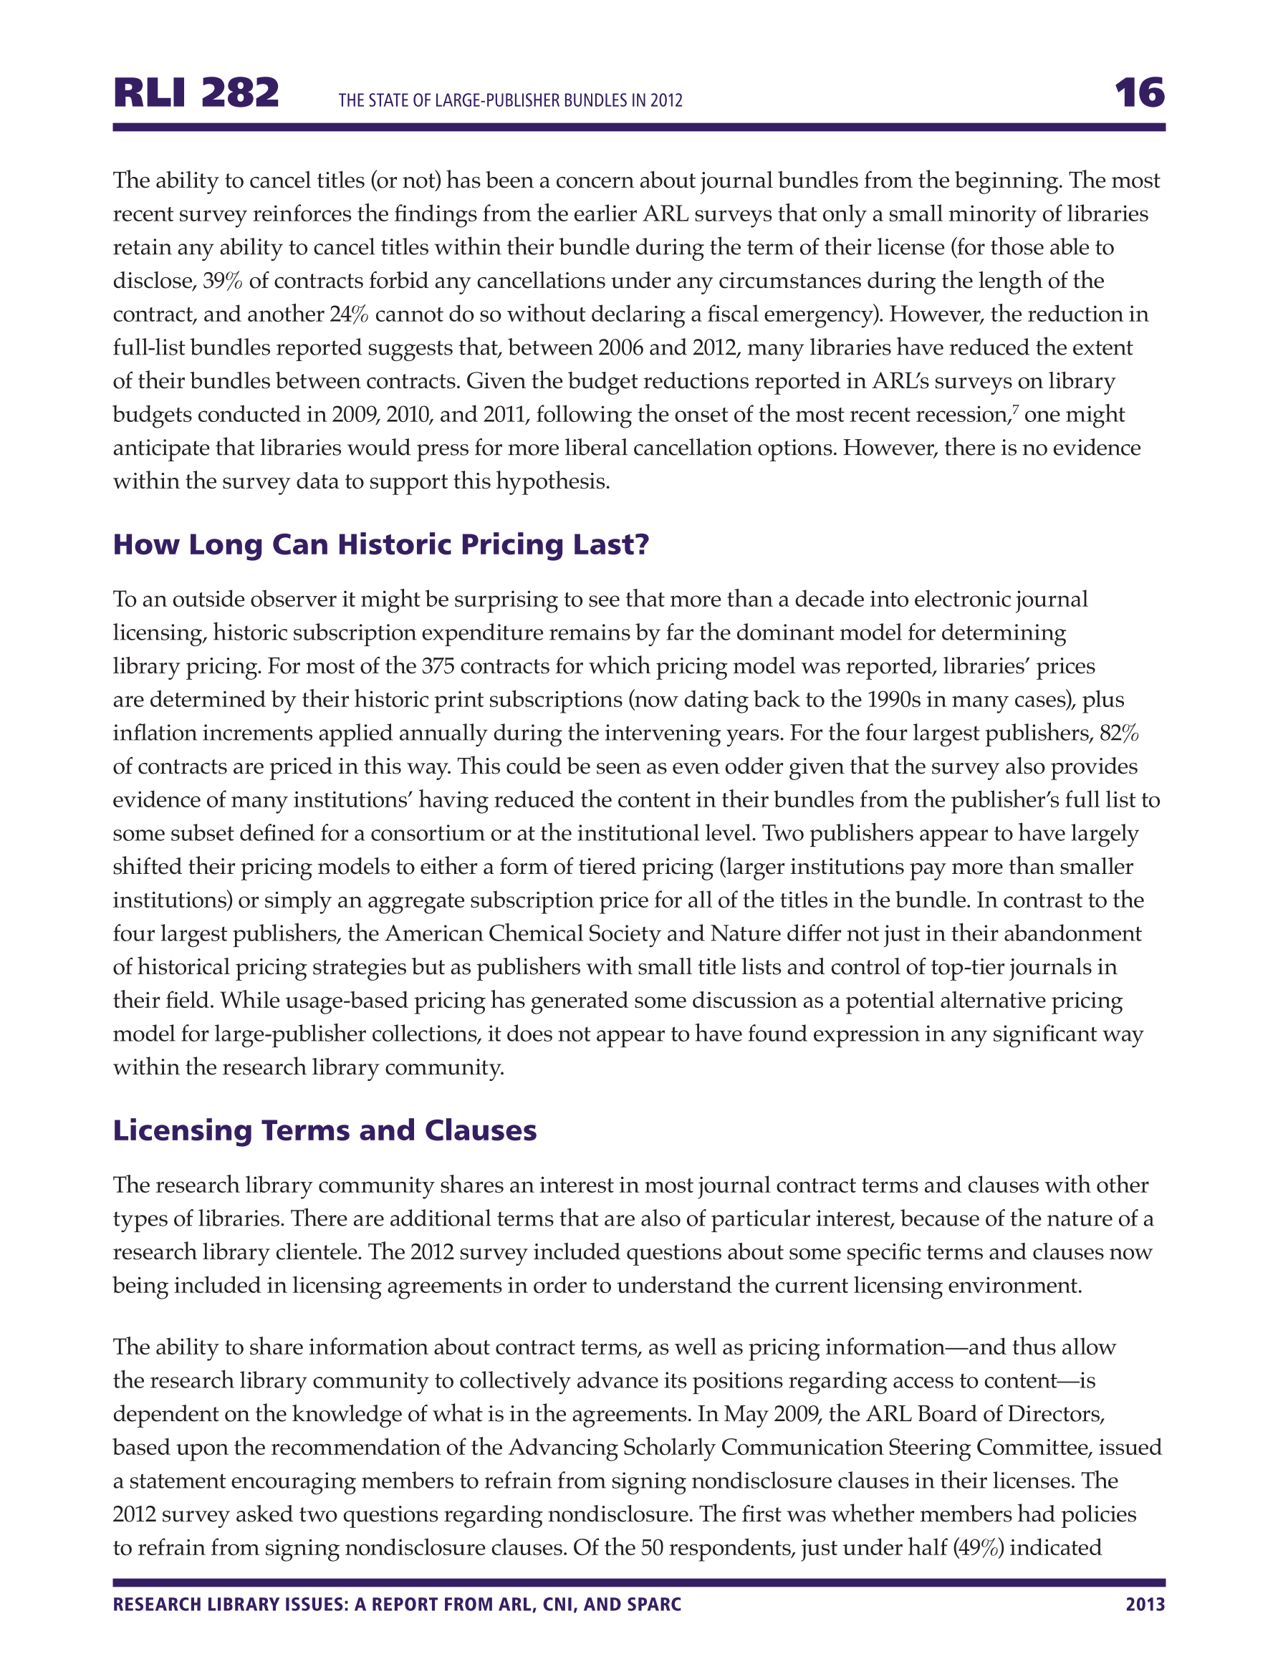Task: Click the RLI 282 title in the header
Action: click(x=196, y=93)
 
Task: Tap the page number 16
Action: click(x=1138, y=93)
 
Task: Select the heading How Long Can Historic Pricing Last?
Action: click(x=381, y=544)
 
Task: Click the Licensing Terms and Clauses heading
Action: click(x=325, y=1130)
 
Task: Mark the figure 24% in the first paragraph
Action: click(x=348, y=314)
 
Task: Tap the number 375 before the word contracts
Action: click(x=438, y=666)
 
